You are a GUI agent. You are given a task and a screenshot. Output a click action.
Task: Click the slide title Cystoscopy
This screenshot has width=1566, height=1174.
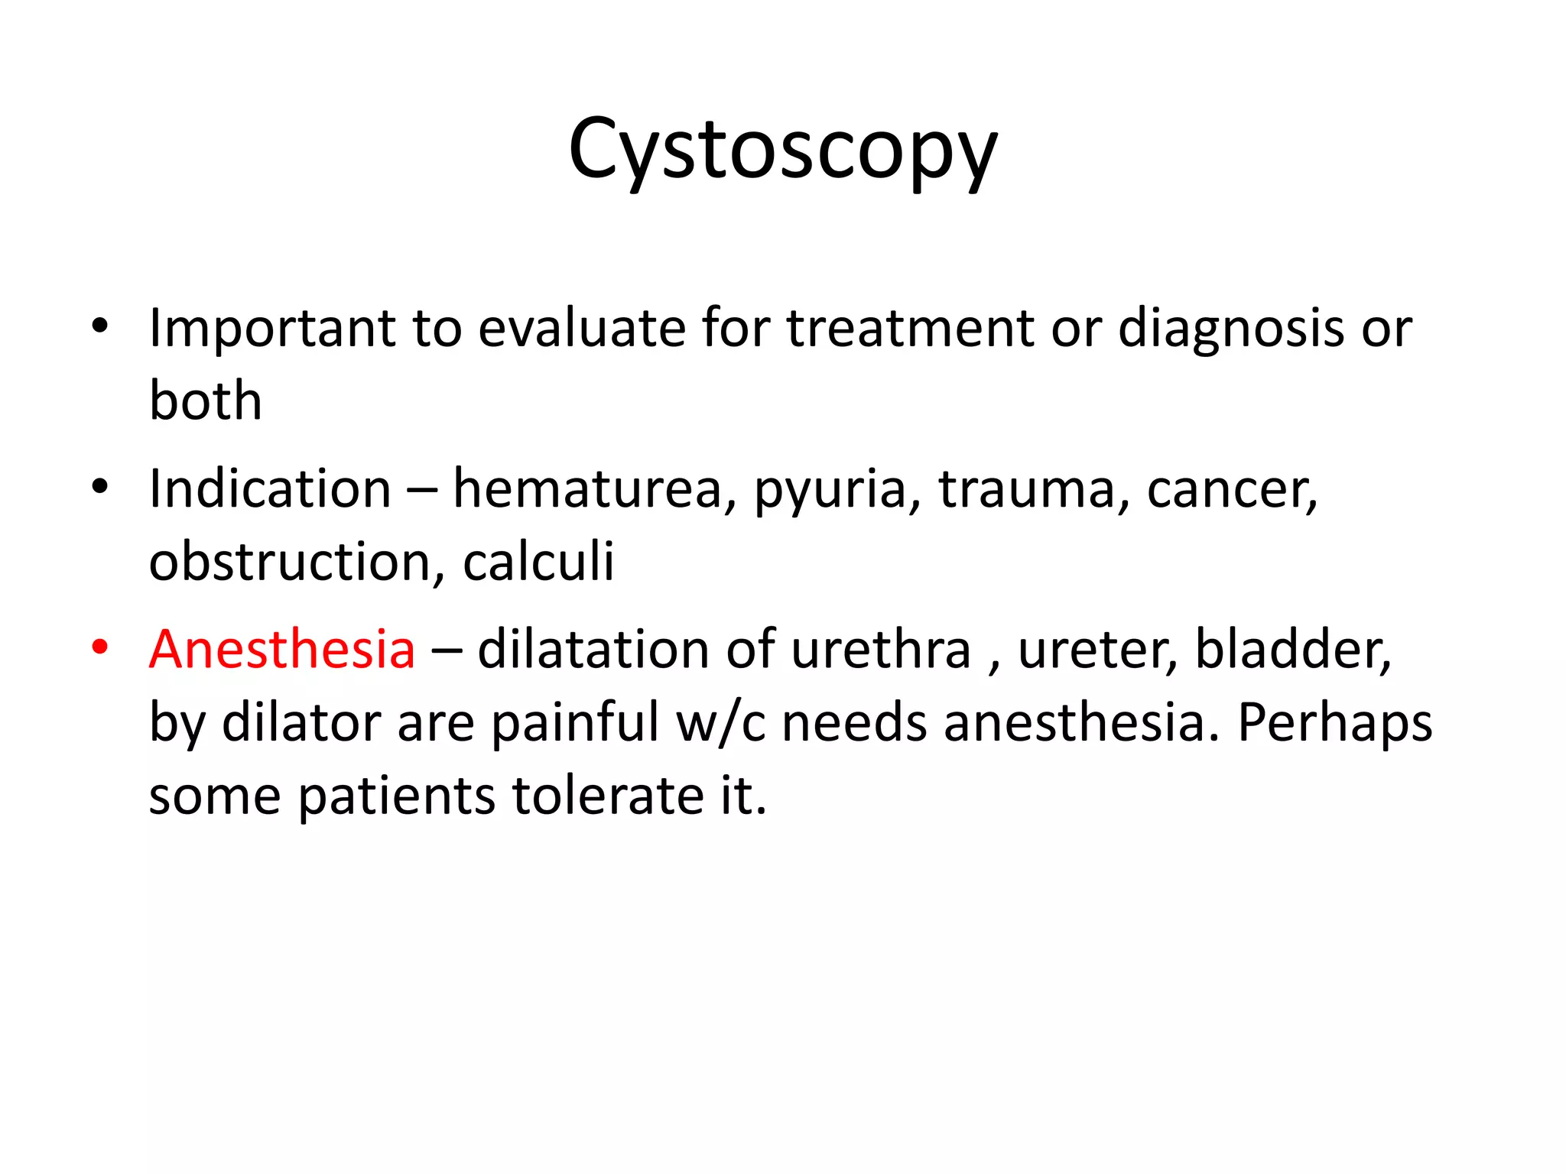782,149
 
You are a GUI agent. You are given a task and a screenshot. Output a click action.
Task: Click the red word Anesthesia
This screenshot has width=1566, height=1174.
282,650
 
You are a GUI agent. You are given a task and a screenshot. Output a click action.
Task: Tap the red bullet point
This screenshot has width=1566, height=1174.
99,647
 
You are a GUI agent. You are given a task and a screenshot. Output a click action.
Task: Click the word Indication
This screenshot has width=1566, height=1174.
270,489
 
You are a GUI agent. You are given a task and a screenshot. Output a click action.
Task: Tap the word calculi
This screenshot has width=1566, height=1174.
538,562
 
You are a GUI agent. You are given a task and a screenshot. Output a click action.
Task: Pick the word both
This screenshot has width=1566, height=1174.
205,401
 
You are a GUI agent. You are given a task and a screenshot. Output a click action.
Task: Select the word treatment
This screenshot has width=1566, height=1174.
911,329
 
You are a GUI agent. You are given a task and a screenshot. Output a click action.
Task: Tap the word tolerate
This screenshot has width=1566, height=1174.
607,795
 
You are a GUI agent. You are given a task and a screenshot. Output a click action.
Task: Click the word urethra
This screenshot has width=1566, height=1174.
880,650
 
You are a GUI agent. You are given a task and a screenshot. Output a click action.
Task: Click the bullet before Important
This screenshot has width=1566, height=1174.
99,327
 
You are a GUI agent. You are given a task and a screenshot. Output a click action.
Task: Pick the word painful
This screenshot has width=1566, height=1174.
574,722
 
